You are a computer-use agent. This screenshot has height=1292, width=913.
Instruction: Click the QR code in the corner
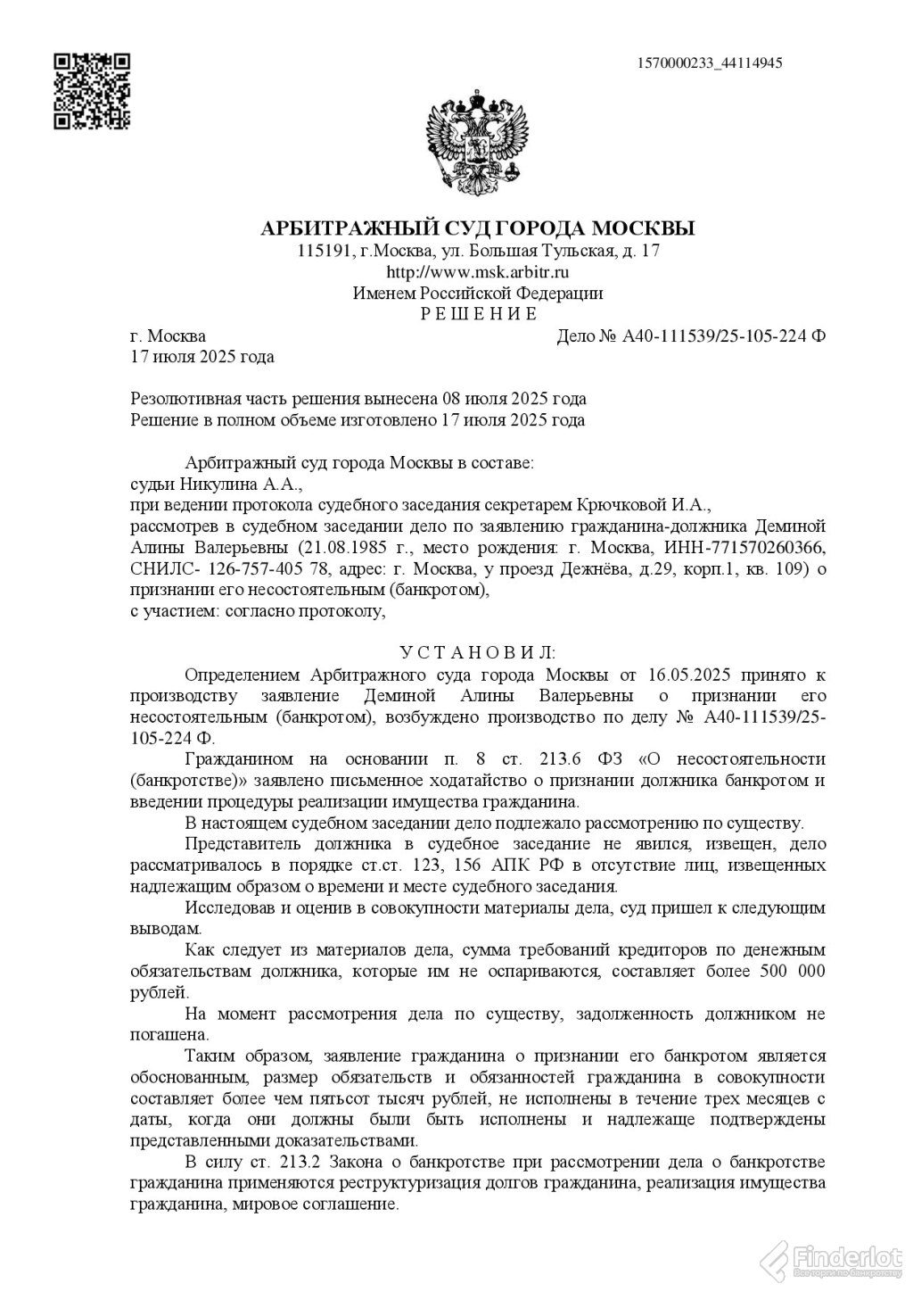[x=92, y=90]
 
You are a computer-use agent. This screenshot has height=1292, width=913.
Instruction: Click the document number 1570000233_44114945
[x=710, y=63]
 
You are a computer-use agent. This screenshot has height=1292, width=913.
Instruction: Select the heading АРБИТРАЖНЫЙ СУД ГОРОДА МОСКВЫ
[x=477, y=228]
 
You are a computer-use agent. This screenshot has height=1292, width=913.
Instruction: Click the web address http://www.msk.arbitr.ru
[x=478, y=272]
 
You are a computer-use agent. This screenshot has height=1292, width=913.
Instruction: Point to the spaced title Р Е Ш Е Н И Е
[x=478, y=314]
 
